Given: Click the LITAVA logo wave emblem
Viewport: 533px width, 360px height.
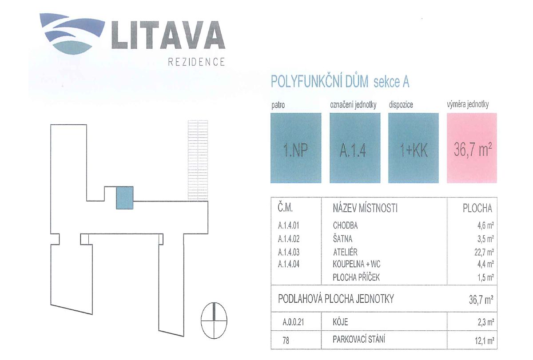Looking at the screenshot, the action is (72, 33).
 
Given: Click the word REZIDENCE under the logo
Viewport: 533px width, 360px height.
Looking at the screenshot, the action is (196, 62).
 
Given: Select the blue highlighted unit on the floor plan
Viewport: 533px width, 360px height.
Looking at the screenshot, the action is (124, 198).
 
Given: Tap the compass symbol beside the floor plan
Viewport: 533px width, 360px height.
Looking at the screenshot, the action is (214, 320).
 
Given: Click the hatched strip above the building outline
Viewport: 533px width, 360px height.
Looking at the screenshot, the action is (198, 160).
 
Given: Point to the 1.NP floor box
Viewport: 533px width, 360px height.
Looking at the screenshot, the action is (296, 148).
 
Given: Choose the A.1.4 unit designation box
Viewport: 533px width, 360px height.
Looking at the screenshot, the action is (355, 148).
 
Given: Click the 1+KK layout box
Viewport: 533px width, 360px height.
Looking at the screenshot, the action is (414, 148).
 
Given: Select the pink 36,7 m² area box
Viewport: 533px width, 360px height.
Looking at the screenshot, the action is (472, 148).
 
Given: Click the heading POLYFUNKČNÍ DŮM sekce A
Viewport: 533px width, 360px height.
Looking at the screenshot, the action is (340, 82).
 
